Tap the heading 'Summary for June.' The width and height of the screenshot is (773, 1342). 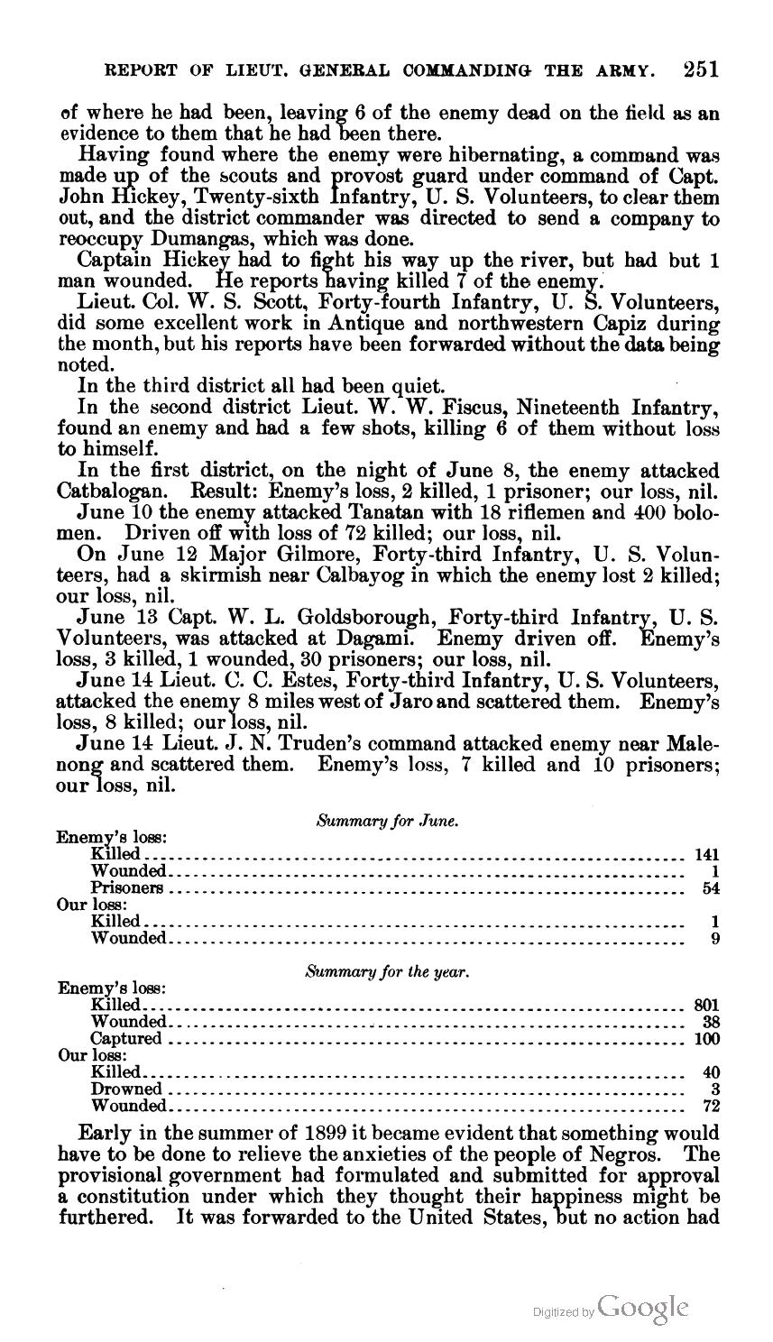click(388, 821)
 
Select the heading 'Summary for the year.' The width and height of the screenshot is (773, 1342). click(388, 972)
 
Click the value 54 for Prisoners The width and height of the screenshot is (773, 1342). click(711, 888)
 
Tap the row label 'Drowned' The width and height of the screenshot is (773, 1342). click(127, 1089)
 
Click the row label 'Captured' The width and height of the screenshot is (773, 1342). click(126, 1038)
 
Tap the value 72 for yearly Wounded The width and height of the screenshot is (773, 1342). click(711, 1106)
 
